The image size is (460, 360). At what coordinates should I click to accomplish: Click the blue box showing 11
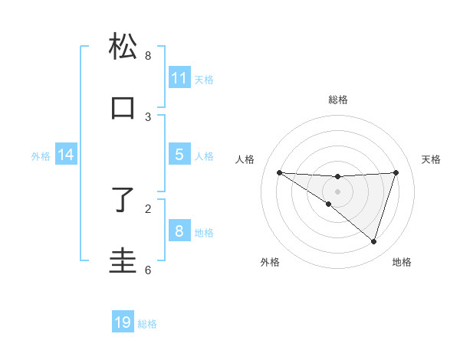pos(179,78)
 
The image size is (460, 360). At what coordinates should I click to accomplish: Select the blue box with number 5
pos(179,155)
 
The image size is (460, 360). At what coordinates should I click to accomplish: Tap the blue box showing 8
pos(179,231)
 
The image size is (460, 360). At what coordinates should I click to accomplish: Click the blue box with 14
pos(66,155)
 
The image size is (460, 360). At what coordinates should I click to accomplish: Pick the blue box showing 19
pos(123,322)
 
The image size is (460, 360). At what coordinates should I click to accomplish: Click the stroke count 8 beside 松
pos(148,56)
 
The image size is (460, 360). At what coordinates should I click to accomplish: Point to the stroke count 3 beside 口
pos(148,117)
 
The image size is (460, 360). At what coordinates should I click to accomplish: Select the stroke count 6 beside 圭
pos(148,270)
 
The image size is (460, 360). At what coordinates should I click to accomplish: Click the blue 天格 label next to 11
pos(204,80)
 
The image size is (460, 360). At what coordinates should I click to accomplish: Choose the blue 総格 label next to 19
pos(147,324)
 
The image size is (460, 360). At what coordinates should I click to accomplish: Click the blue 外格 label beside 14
pos(41,156)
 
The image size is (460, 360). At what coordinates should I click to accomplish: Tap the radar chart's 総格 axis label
pos(338,100)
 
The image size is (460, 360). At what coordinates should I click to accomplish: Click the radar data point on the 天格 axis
pos(396,172)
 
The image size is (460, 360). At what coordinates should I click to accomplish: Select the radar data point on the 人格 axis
pos(279,172)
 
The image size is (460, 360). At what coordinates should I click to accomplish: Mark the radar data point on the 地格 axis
pos(373,241)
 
